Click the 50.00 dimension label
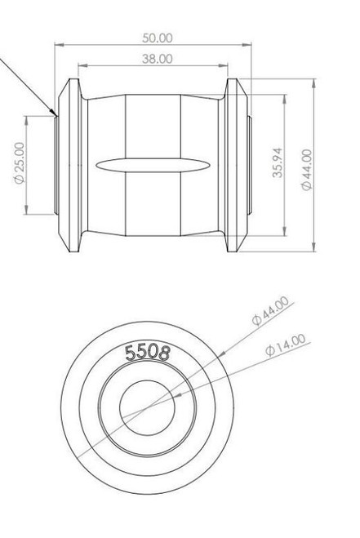coord(156,38)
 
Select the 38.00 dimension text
coord(156,59)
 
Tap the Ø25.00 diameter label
coord(19,162)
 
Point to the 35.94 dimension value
coord(278,163)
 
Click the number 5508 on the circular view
coord(147,353)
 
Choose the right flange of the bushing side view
coord(236,163)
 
